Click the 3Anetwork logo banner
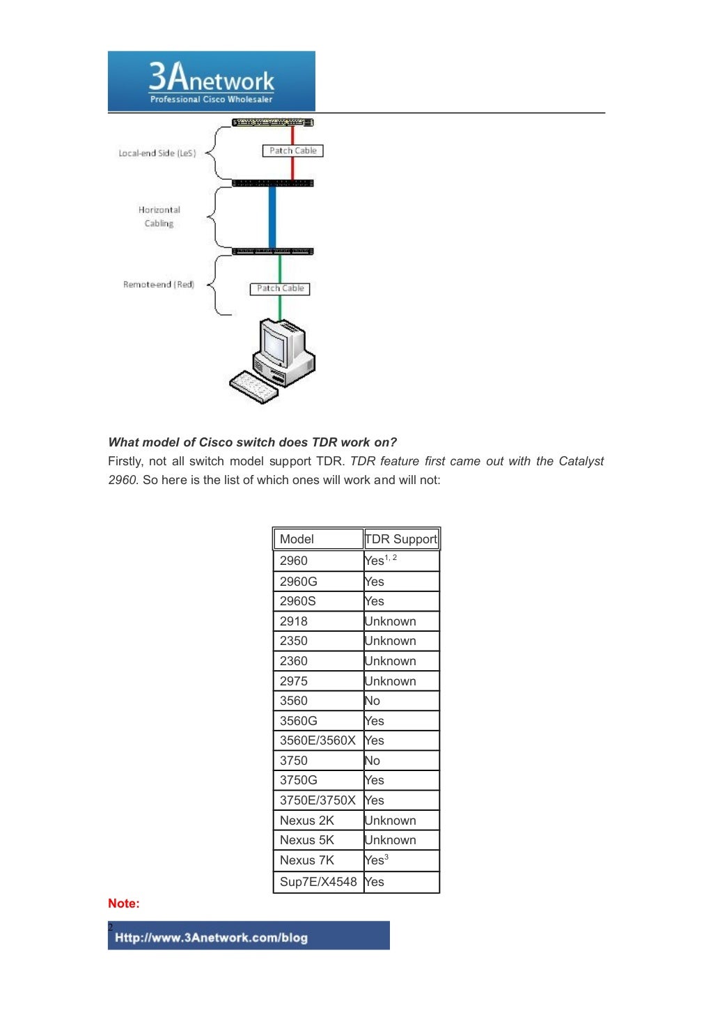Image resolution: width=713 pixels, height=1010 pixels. coord(211,81)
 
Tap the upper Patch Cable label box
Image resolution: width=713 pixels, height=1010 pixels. coord(292,150)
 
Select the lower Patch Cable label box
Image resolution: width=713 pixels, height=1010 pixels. coord(280,288)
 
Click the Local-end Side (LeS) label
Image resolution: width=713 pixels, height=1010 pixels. coord(157,153)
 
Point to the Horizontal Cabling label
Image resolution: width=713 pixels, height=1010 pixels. coord(159,217)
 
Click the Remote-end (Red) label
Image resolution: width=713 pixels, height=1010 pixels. coord(158,284)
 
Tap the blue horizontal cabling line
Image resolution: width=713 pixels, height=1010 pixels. coord(272,217)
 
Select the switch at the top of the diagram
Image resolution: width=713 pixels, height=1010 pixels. coord(272,123)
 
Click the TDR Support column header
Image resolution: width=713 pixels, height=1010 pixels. coord(401,539)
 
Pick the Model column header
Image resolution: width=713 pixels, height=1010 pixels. coord(318,539)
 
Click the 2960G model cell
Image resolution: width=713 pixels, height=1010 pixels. coord(318,582)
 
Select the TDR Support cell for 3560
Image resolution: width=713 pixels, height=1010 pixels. coord(401,701)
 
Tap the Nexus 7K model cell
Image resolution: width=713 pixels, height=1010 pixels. coord(318,860)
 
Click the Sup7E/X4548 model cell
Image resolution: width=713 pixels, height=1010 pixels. coord(318,882)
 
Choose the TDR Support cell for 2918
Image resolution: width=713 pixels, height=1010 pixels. coord(401,621)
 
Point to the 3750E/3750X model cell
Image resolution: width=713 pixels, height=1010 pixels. coord(318,800)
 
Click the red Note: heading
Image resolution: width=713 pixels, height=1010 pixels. coord(124,903)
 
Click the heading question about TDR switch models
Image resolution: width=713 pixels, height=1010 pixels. coord(252,442)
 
